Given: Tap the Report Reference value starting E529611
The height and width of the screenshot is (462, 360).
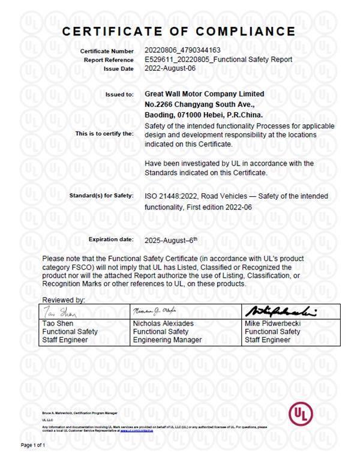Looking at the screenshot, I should pyautogui.click(x=219, y=59).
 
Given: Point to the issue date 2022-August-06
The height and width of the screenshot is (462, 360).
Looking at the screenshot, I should pyautogui.click(x=170, y=68).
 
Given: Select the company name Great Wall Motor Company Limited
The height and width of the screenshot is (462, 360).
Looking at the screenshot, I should pyautogui.click(x=205, y=94).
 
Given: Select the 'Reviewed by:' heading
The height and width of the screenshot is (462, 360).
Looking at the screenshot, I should pyautogui.click(x=63, y=299).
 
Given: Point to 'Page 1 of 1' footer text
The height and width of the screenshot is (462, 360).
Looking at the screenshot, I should pyautogui.click(x=34, y=445).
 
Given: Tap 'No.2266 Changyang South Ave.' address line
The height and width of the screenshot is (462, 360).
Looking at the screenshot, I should pyautogui.click(x=196, y=104).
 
